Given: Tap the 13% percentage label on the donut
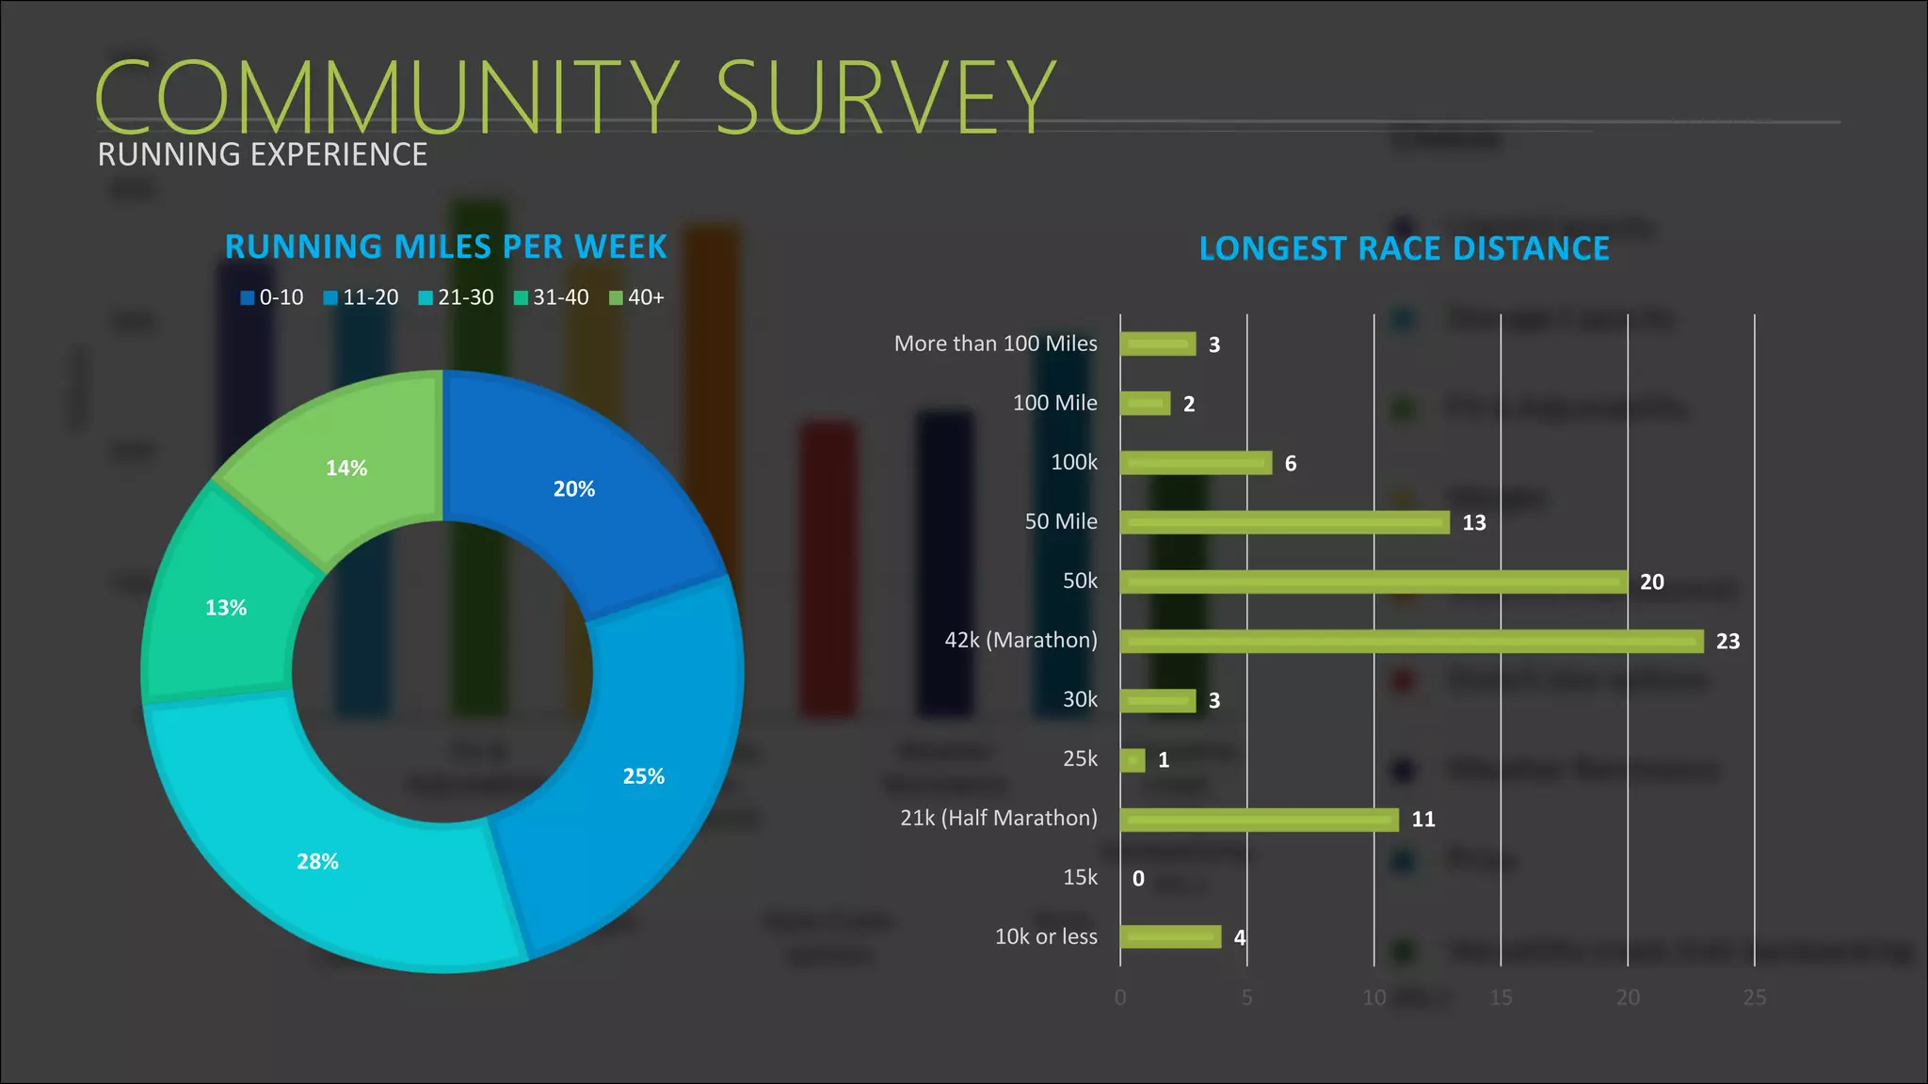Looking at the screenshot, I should pos(226,608).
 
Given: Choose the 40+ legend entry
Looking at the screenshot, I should pos(637,297).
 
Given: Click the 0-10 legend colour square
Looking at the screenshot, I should pos(248,297).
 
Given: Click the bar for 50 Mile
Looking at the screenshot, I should pos(1284,522).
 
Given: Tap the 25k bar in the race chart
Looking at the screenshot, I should pos(1133,759).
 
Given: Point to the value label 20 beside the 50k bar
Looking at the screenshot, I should pos(1651,582).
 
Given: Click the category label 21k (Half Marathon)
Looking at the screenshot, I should pos(998,818).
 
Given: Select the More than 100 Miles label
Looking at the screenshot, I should pos(995,343).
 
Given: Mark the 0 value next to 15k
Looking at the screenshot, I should pos(1138,878).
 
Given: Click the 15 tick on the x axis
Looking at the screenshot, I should pos(1501,997).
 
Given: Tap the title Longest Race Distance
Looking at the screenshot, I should pos(1404,248).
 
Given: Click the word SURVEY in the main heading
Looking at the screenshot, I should pos(885,96).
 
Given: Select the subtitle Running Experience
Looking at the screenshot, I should pos(263,154).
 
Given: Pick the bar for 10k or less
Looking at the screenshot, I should pos(1170,936).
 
